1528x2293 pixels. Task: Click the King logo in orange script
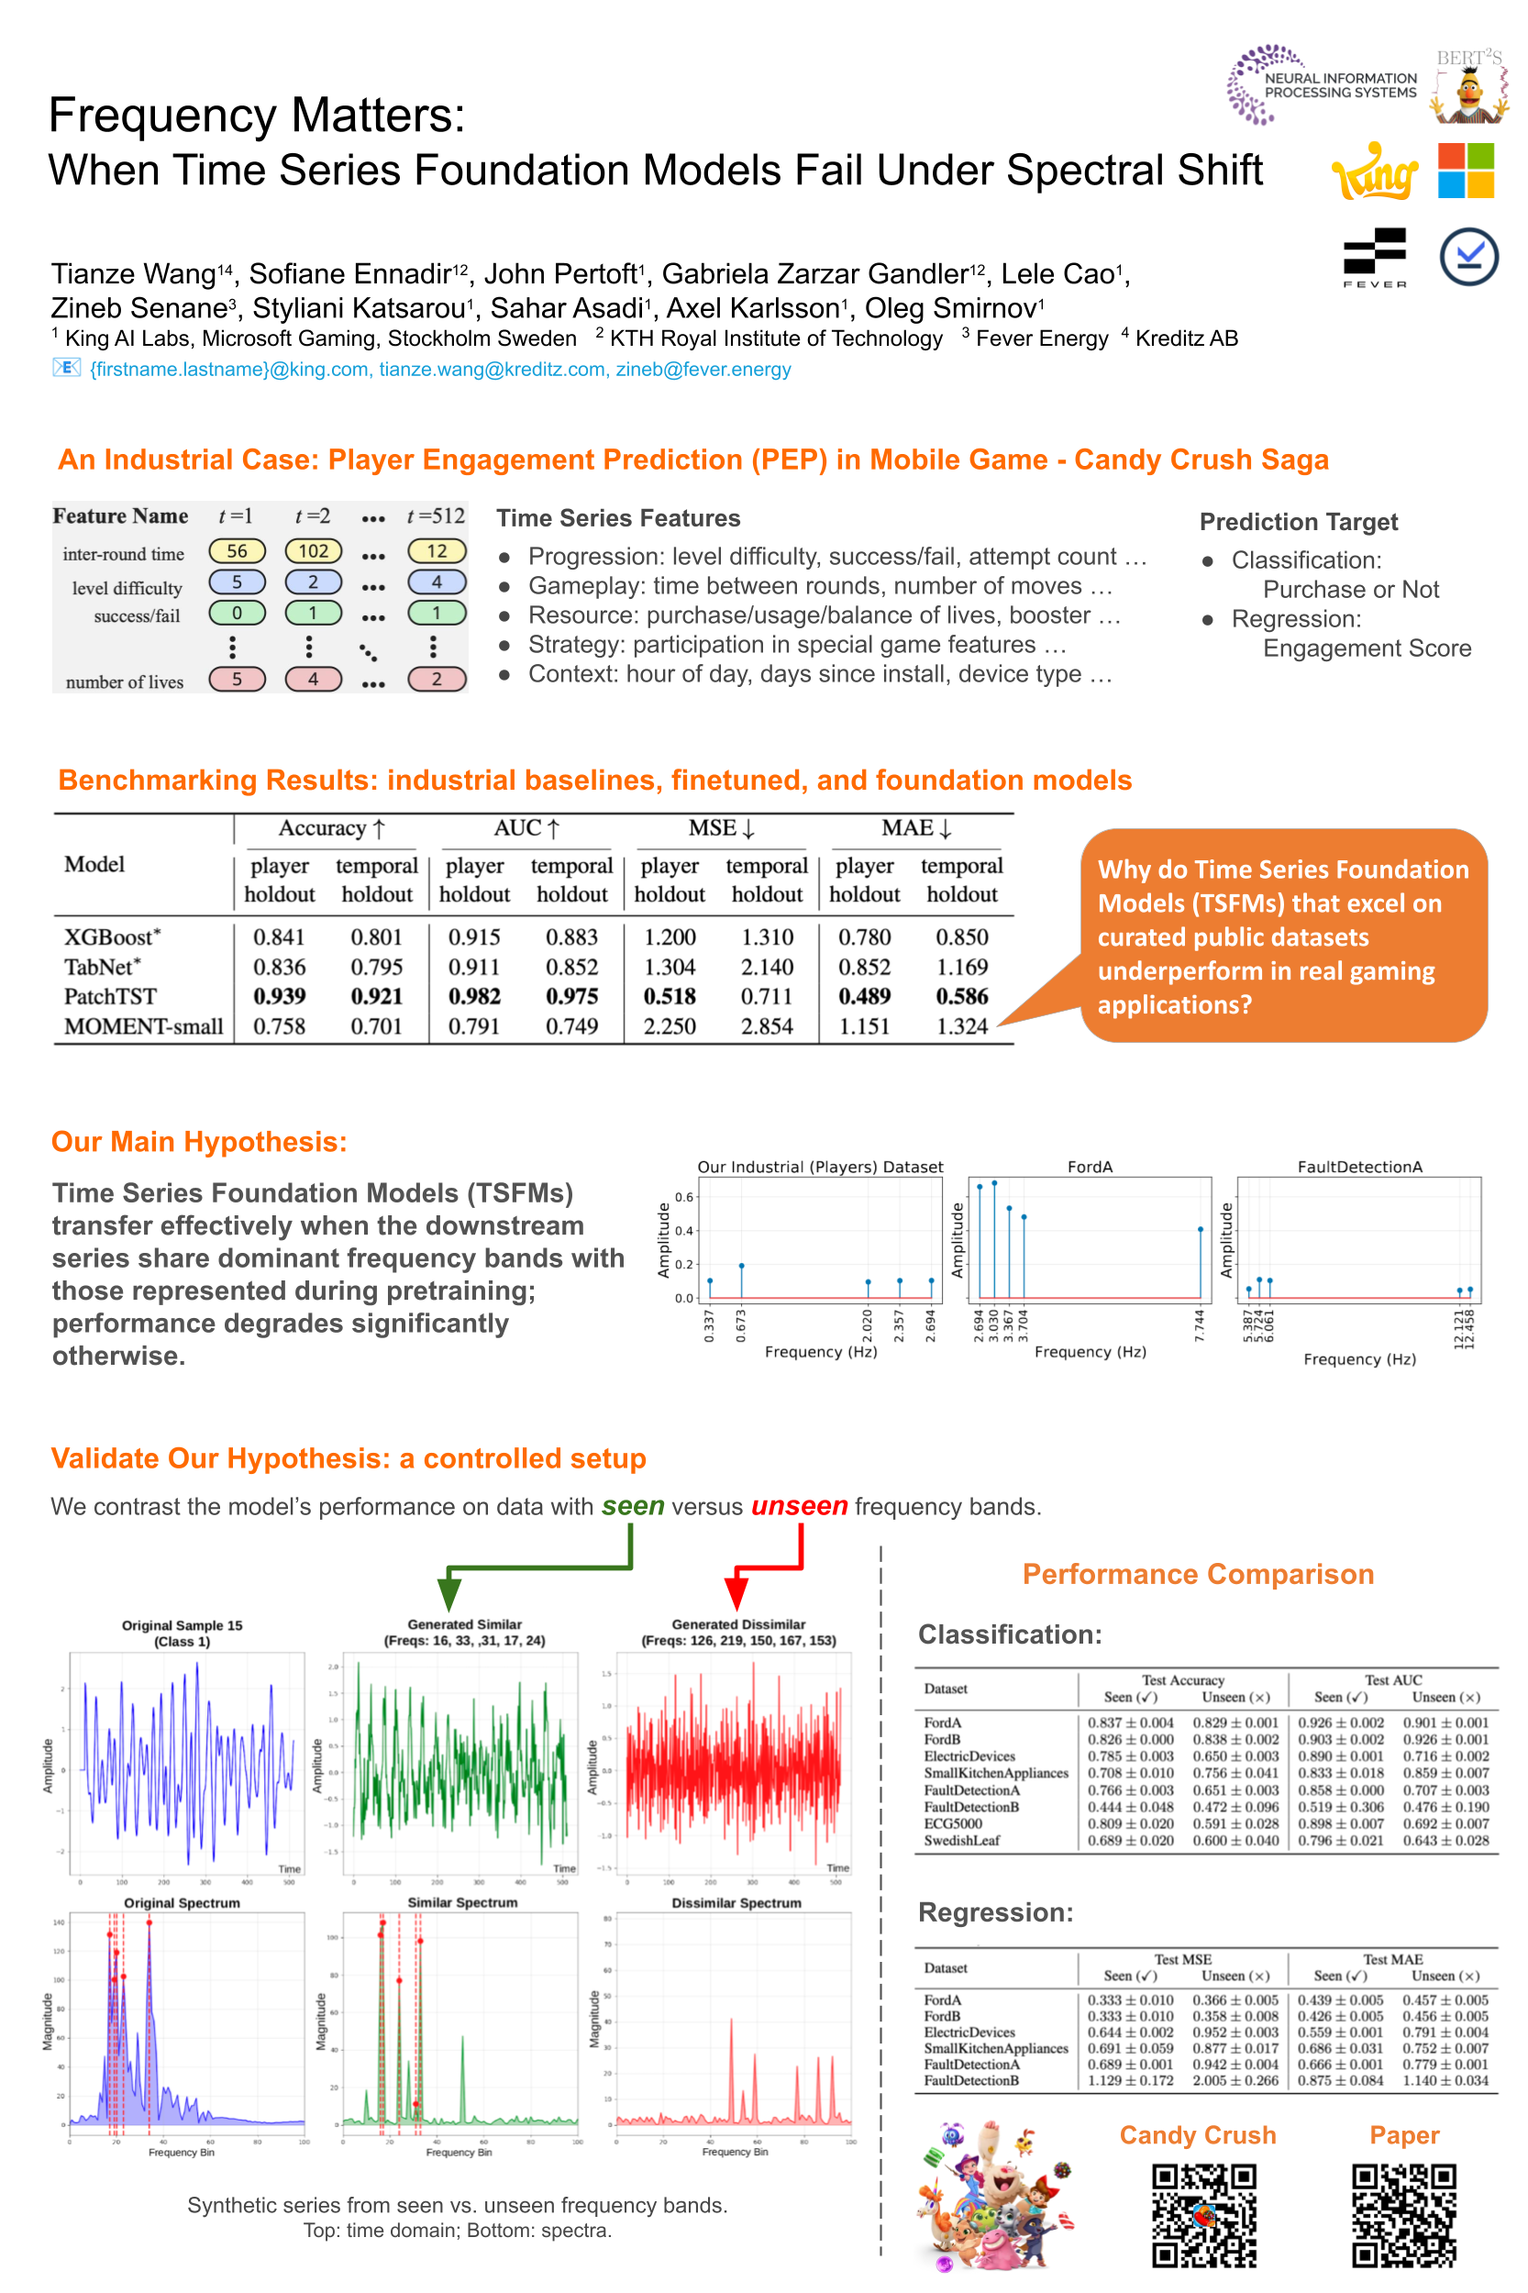[1375, 172]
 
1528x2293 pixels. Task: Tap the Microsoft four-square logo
[1466, 171]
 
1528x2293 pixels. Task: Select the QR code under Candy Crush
[1203, 2214]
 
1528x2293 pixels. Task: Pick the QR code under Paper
[1403, 2214]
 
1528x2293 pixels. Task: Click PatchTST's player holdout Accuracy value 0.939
[279, 996]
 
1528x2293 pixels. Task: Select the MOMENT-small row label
[143, 1026]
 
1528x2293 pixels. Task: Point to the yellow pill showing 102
[313, 550]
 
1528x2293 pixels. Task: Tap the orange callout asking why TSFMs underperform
[1282, 936]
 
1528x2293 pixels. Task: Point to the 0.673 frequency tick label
[741, 1326]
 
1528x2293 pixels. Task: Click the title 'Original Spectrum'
[182, 1902]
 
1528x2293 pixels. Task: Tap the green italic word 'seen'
[633, 1506]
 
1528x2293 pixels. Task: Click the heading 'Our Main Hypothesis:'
[199, 1141]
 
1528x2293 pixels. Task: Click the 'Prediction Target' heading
[1298, 521]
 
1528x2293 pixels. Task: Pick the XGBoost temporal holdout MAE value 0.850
[961, 936]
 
